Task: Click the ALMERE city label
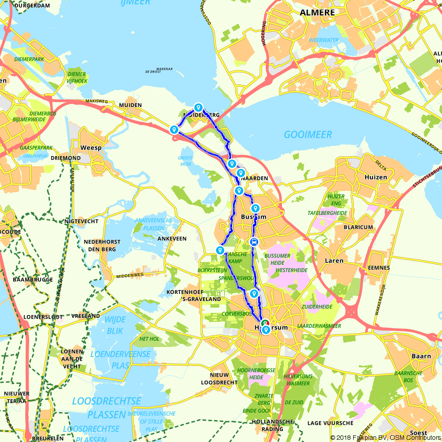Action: point(317,12)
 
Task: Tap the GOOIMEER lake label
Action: point(308,134)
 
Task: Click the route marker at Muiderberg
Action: point(198,107)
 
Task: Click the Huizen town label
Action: point(376,177)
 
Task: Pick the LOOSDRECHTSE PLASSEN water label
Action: point(107,408)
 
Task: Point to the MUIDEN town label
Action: point(130,105)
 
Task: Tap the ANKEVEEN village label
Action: point(172,239)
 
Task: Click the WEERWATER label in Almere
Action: point(324,40)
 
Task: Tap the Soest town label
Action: point(418,433)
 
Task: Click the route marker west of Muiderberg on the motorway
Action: point(174,130)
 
